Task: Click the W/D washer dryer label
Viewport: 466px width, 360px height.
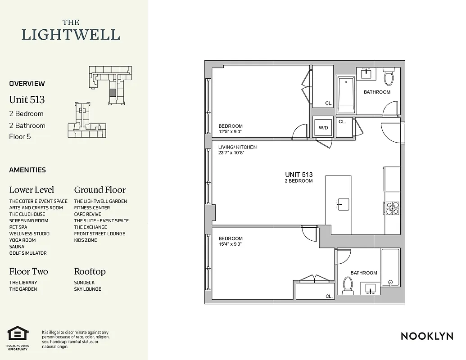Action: (323, 127)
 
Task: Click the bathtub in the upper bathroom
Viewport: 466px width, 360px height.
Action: (346, 94)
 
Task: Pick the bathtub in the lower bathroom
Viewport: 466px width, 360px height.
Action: (390, 268)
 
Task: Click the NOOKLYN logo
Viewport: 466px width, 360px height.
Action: (426, 336)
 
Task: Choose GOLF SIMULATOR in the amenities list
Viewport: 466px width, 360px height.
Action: (28, 253)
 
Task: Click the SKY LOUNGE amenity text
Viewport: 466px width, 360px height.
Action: (87, 289)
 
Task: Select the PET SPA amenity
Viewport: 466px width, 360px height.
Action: (18, 227)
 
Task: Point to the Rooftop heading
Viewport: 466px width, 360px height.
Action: (90, 272)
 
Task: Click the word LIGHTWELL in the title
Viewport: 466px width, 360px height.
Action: (71, 35)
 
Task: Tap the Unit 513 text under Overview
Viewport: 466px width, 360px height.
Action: (27, 99)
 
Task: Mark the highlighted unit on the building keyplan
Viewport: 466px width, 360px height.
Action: (112, 93)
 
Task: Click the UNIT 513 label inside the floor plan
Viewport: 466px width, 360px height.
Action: (299, 175)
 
